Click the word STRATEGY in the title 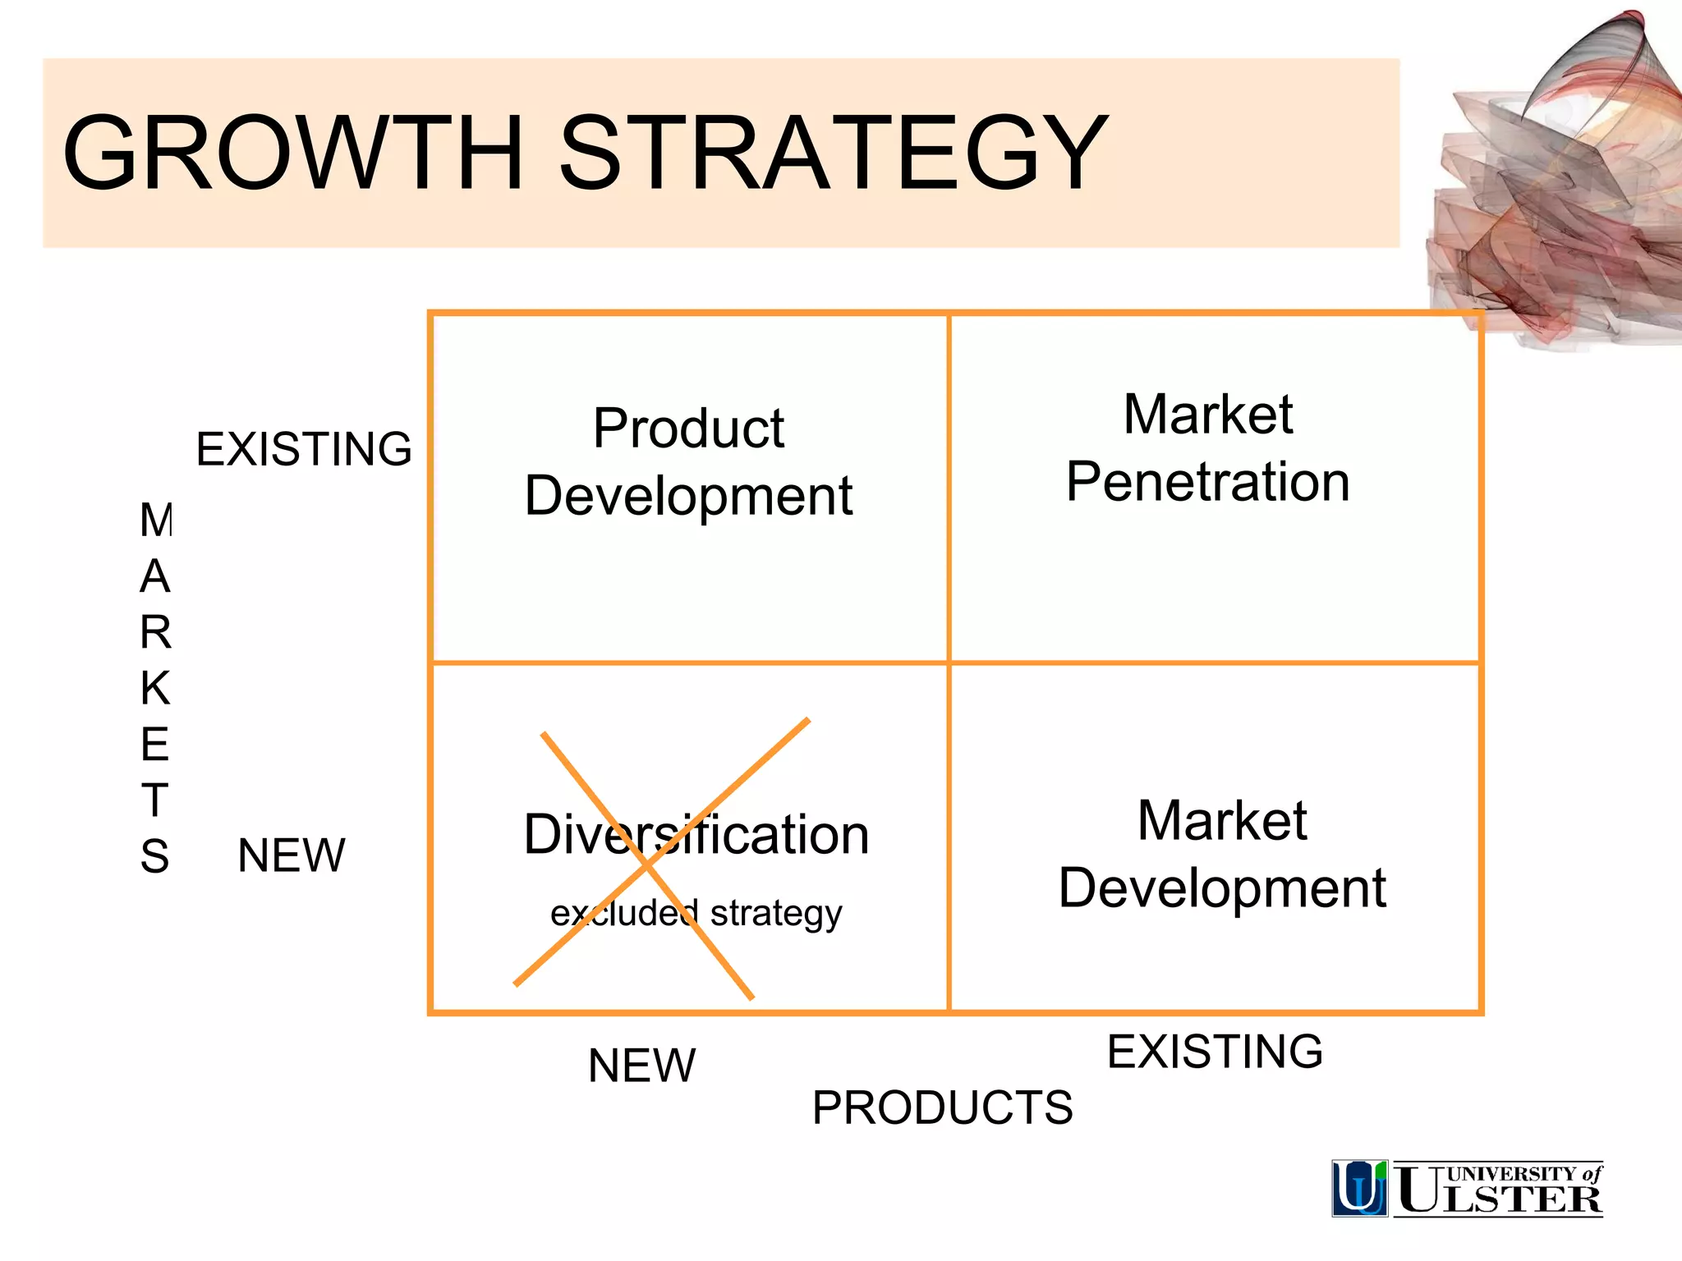(833, 153)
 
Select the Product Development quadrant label (688, 462)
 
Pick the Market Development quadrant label (1222, 854)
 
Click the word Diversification (696, 835)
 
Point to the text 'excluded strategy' (696, 913)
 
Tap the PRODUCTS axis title (942, 1107)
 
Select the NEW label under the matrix (641, 1066)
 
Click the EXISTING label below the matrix (1215, 1052)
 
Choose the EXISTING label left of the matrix (304, 449)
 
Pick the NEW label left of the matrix (292, 855)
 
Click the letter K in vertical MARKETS (155, 688)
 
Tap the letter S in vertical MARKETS (154, 856)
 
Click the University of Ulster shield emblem (1359, 1188)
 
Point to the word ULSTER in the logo (1499, 1199)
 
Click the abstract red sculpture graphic (1552, 189)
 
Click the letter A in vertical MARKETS (155, 576)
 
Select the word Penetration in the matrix (1208, 482)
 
